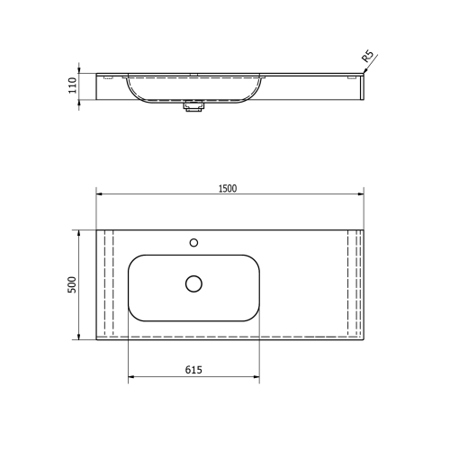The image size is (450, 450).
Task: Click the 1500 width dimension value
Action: [x=227, y=187]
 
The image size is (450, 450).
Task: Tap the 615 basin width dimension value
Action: [x=193, y=370]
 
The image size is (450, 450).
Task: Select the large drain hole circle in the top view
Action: [x=193, y=283]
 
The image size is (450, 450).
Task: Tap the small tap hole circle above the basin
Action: [x=193, y=242]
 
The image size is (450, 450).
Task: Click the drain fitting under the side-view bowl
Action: [x=193, y=106]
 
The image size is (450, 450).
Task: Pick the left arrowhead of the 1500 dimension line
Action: [x=100, y=193]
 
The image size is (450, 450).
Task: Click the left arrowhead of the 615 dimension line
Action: [x=131, y=377]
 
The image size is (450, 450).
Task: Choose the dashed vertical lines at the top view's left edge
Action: [x=107, y=283]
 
